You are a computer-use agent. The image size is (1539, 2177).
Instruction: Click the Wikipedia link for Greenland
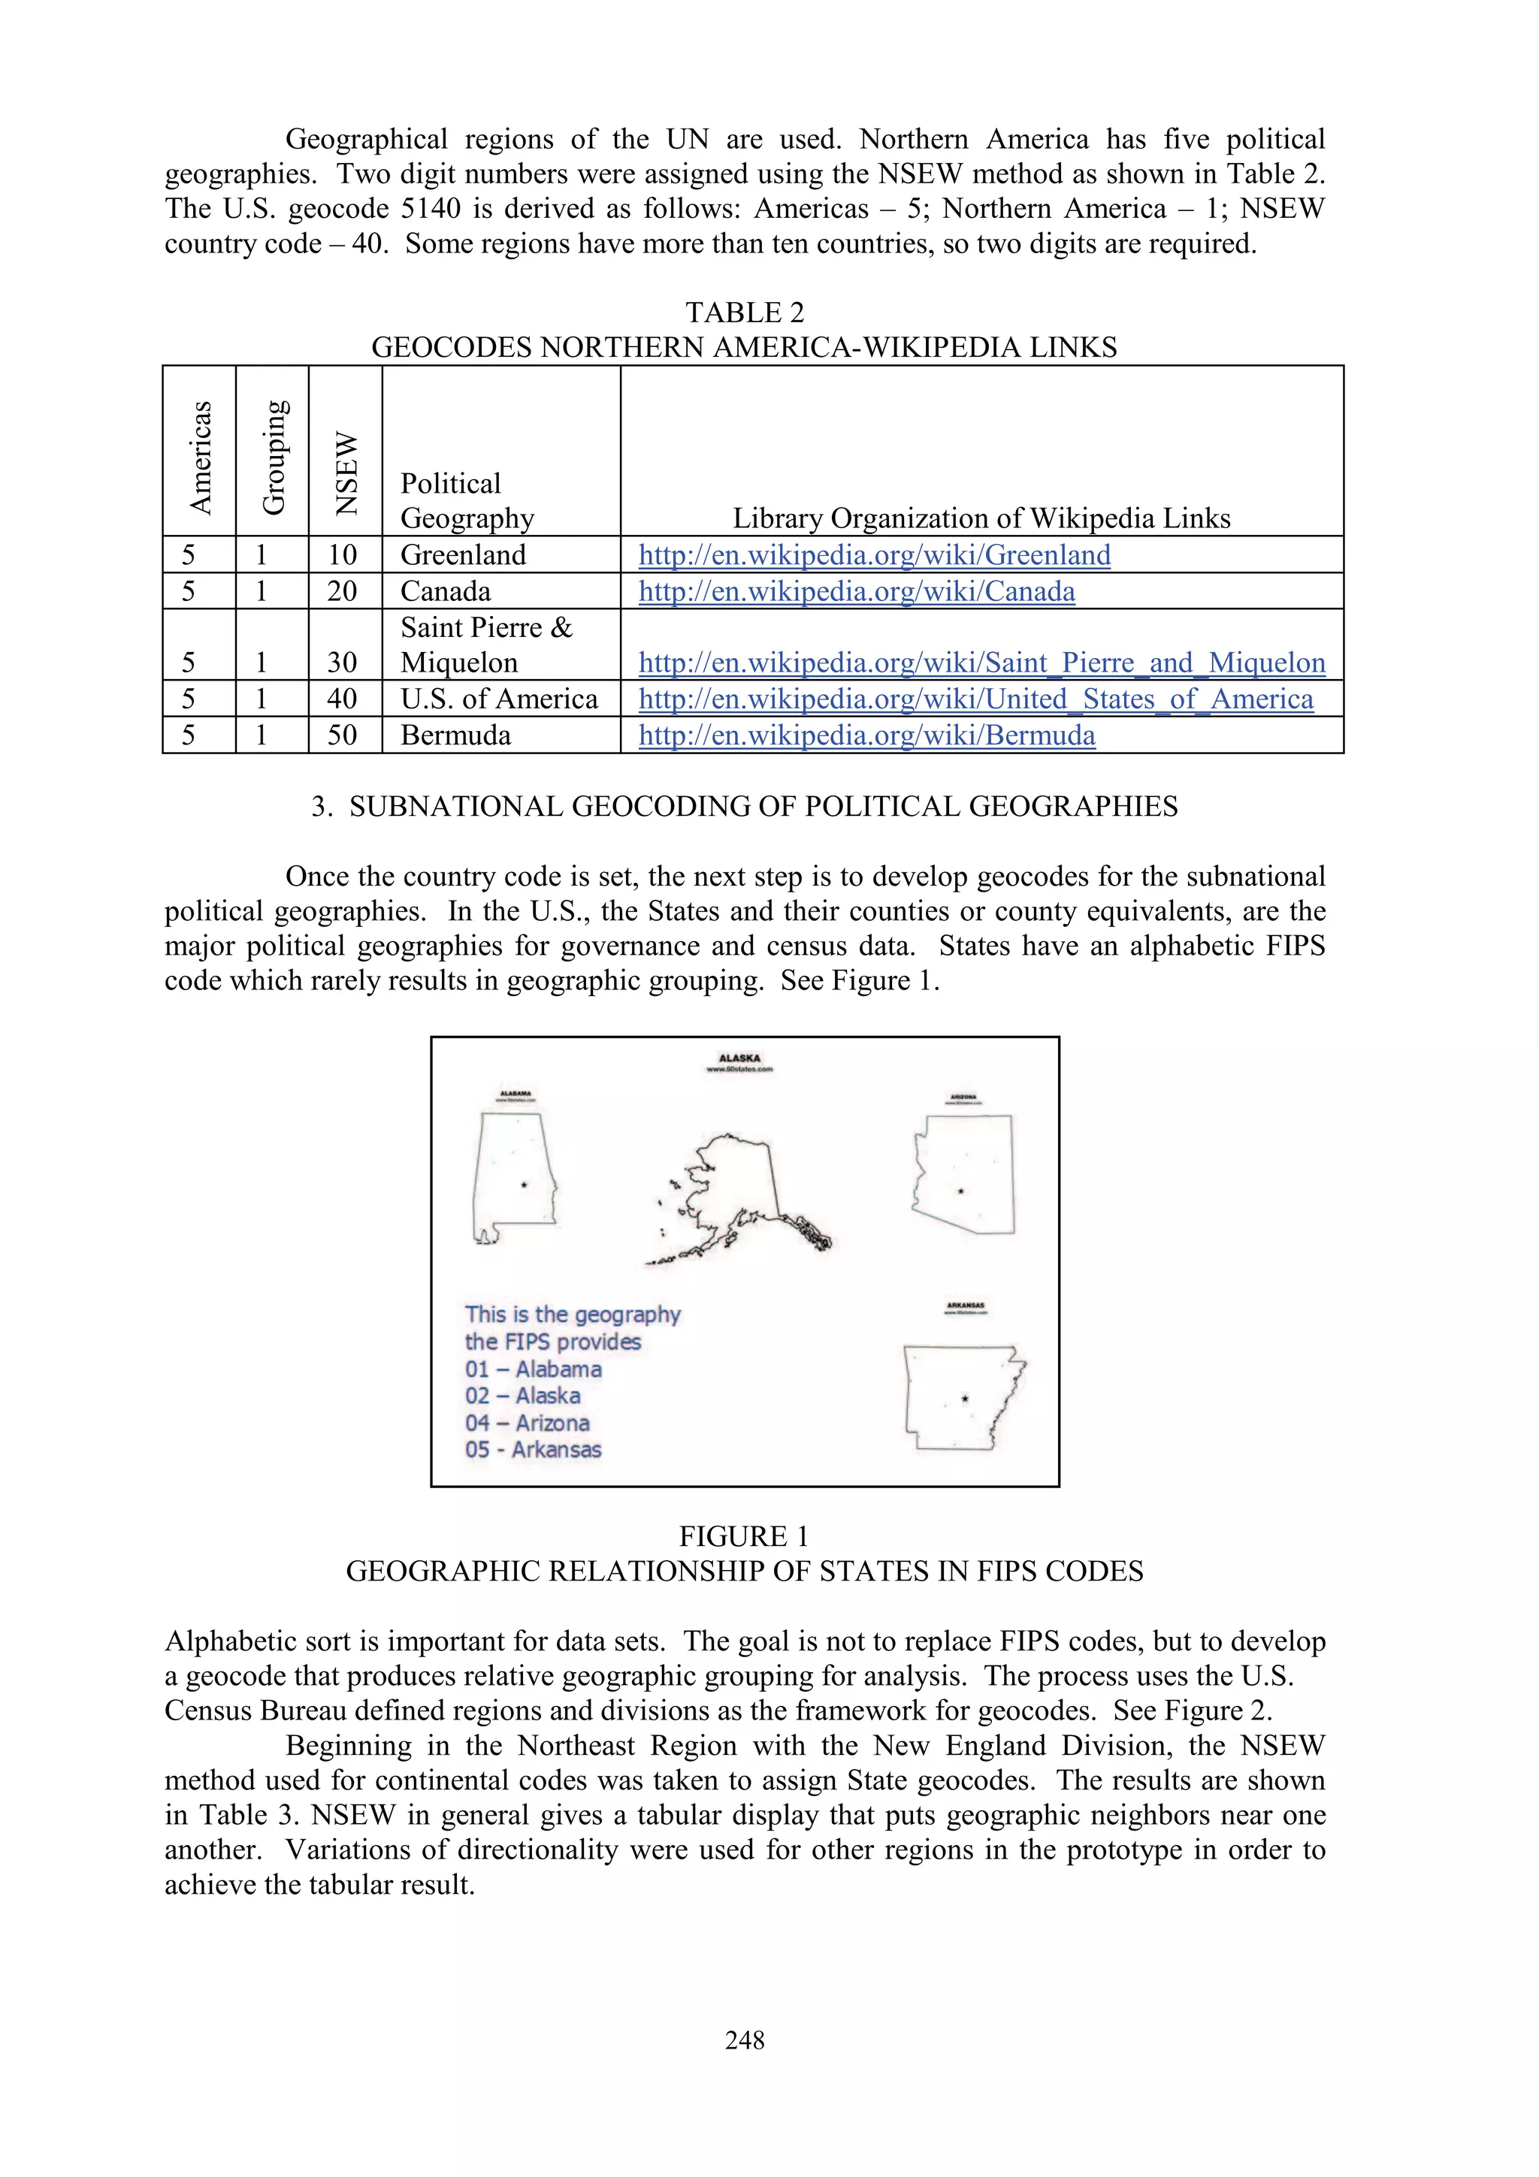(x=873, y=554)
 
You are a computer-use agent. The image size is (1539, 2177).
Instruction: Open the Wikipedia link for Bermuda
(x=866, y=735)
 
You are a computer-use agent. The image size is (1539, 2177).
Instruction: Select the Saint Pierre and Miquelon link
(x=981, y=662)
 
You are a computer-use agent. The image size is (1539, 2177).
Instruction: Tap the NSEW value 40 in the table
(x=343, y=699)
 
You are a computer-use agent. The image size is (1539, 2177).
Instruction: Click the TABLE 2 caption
(x=745, y=312)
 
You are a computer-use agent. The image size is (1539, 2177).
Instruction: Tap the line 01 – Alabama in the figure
(x=533, y=1369)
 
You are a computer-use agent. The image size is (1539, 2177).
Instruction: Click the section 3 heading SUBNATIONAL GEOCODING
(x=745, y=806)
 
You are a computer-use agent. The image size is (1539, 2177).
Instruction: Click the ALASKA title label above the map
(x=739, y=1058)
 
